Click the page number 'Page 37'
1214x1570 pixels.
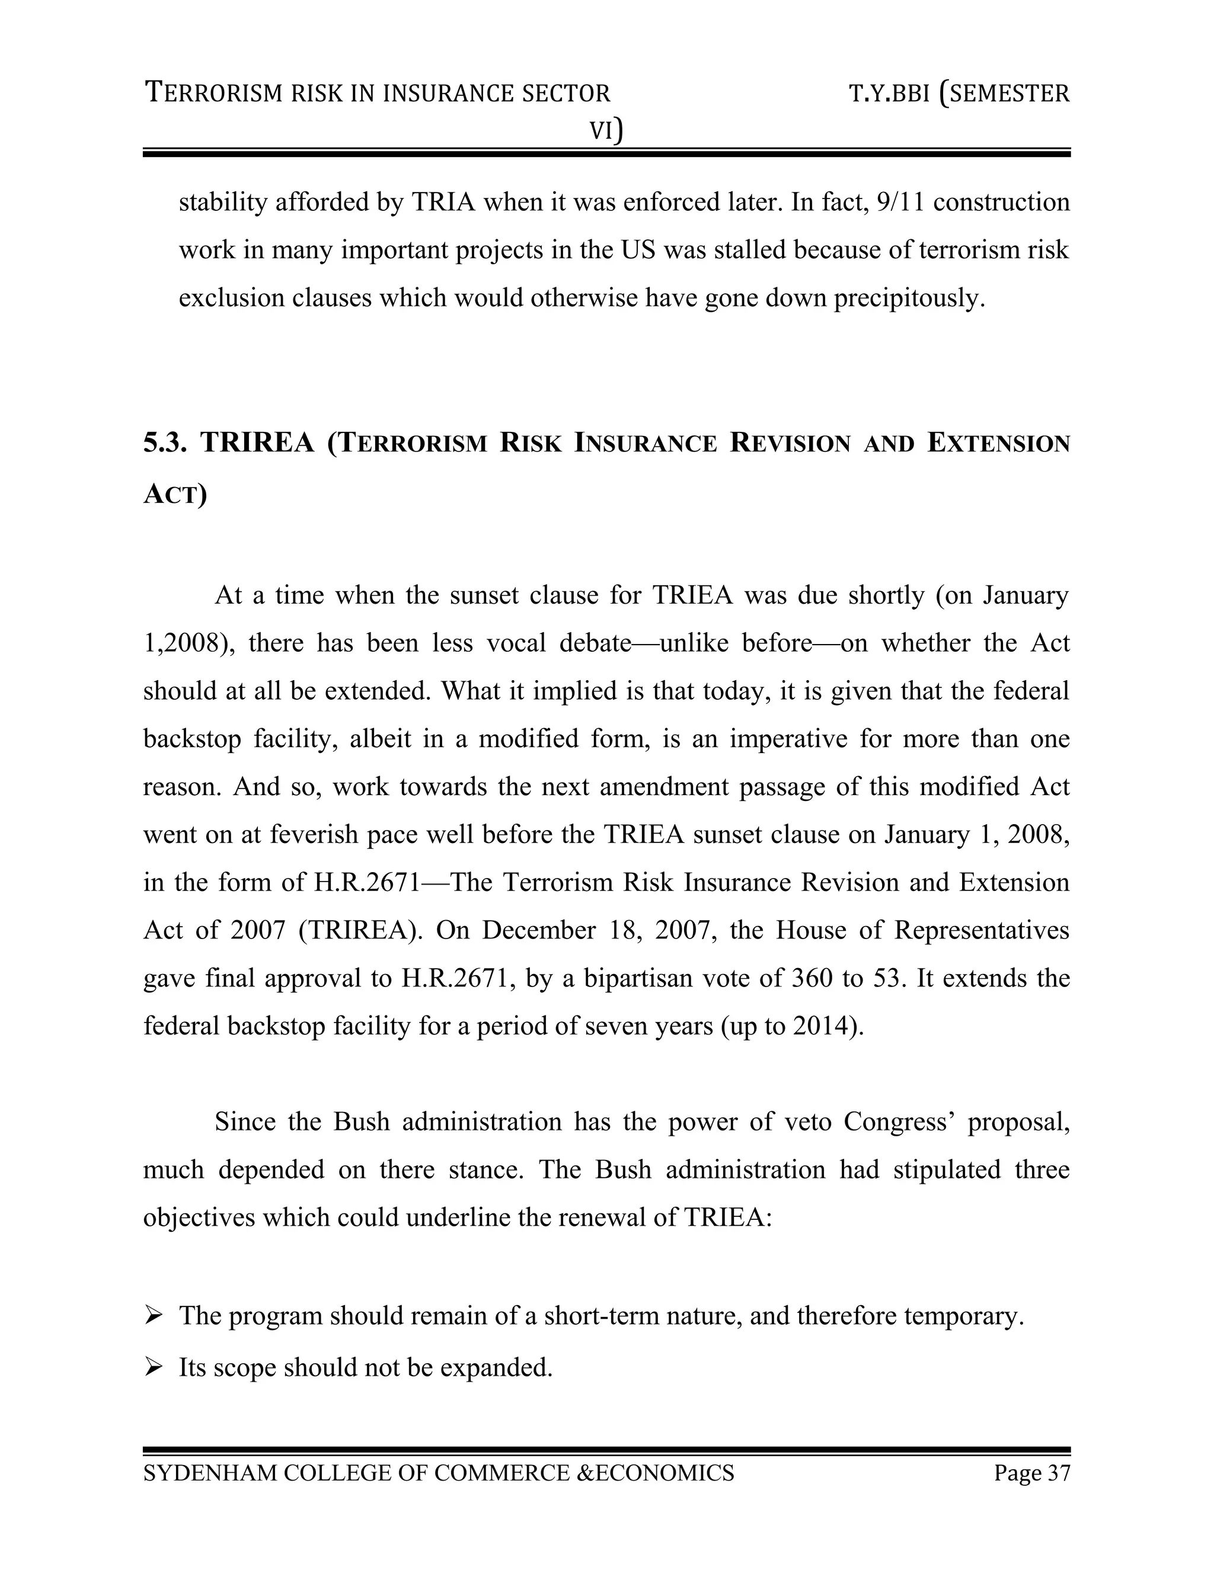[x=1031, y=1473]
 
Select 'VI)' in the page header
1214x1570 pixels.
[x=606, y=130]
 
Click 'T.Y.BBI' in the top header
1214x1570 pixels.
[x=890, y=94]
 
